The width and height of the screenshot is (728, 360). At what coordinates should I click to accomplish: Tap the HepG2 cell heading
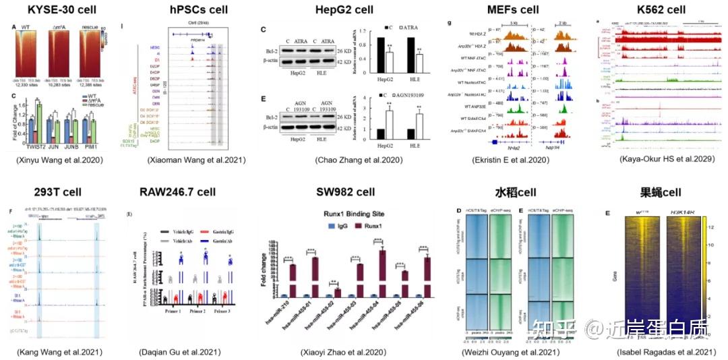pos(344,9)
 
